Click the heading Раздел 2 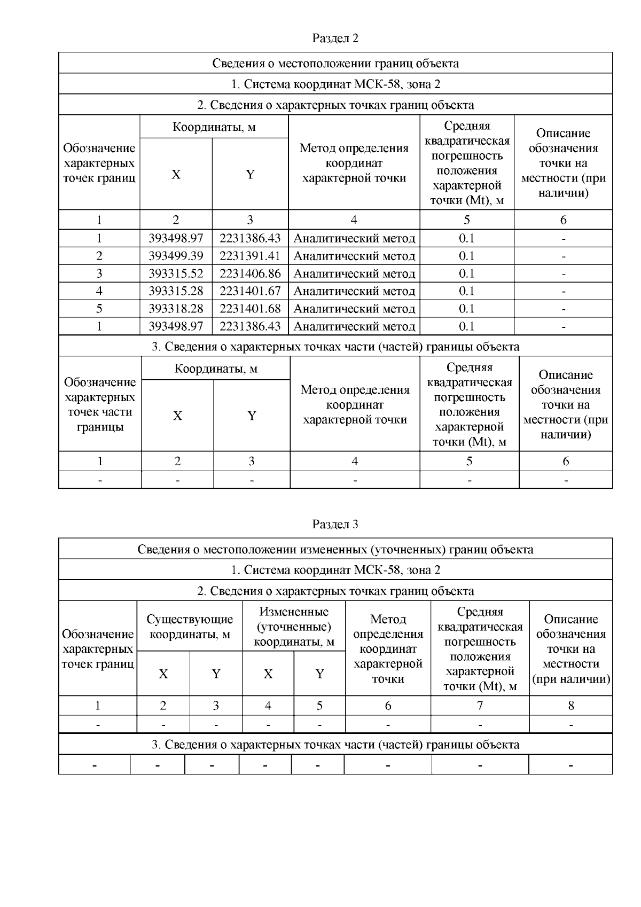click(335, 38)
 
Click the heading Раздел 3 click(335, 525)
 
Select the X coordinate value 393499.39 click(176, 256)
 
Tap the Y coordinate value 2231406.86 click(250, 273)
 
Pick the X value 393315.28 click(176, 291)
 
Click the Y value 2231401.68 click(250, 309)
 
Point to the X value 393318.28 click(176, 309)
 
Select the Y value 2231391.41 click(250, 256)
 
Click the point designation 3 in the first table click(99, 273)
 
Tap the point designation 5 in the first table click(99, 309)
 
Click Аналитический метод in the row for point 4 click(354, 291)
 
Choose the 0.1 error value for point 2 click(467, 256)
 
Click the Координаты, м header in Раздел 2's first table click(214, 127)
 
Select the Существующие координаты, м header click(190, 627)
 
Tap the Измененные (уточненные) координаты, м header click(294, 627)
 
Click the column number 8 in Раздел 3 click(570, 706)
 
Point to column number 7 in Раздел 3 click(480, 706)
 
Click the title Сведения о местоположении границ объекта click(335, 64)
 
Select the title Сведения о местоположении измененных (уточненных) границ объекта click(335, 550)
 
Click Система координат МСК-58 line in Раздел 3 click(335, 570)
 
